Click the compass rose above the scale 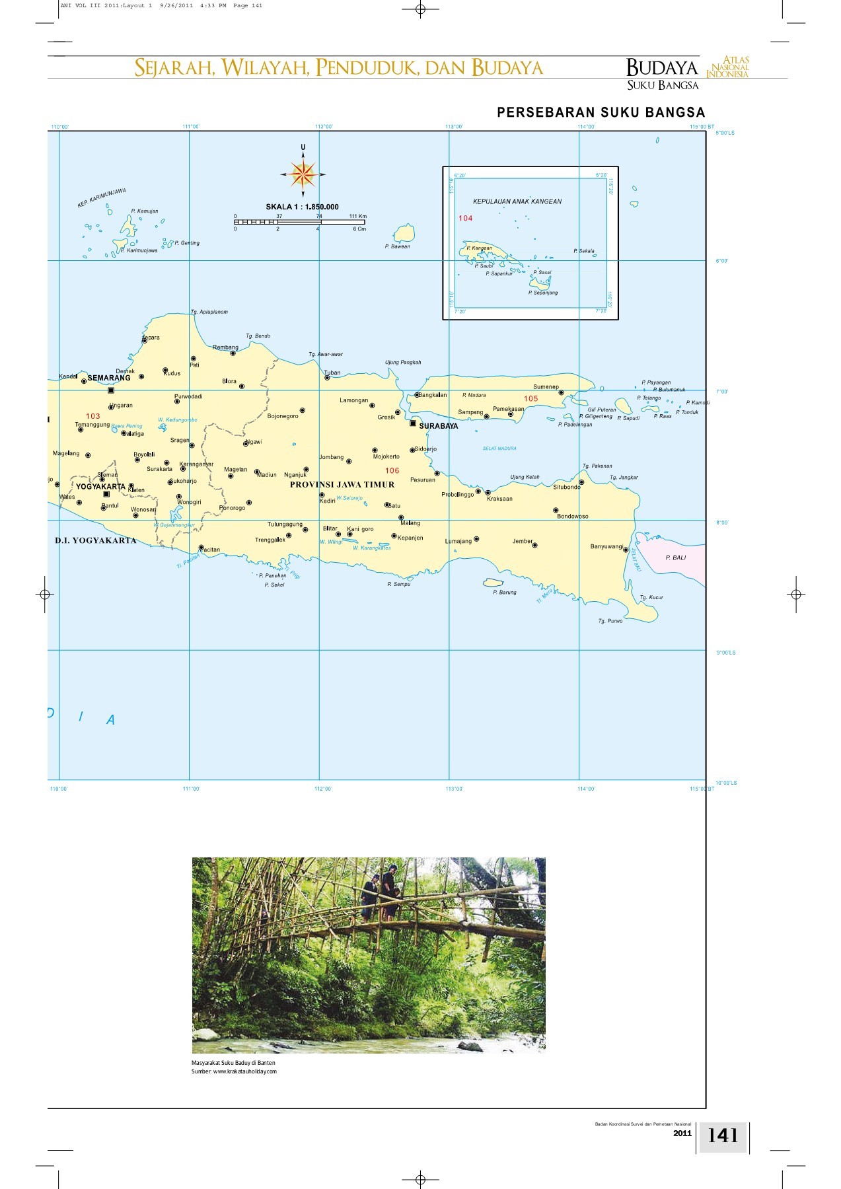pos(303,174)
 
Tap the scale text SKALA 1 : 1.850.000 pos(302,207)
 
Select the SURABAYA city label pos(438,426)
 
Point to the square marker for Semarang pos(111,390)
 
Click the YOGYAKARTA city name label pos(100,487)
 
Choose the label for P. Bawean pos(397,246)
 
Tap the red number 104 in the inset pos(466,218)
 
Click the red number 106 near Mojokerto pos(392,471)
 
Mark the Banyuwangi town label pos(606,546)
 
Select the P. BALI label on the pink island pos(676,558)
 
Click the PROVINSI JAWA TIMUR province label pos(342,484)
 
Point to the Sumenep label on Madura pos(546,386)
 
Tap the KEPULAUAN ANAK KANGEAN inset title pos(517,201)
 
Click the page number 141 pos(723,1135)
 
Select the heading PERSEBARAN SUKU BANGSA pos(601,113)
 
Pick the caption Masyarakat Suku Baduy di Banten pos(229,1062)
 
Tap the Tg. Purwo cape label pos(610,621)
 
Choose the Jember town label pos(522,541)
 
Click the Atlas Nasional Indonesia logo pos(728,67)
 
